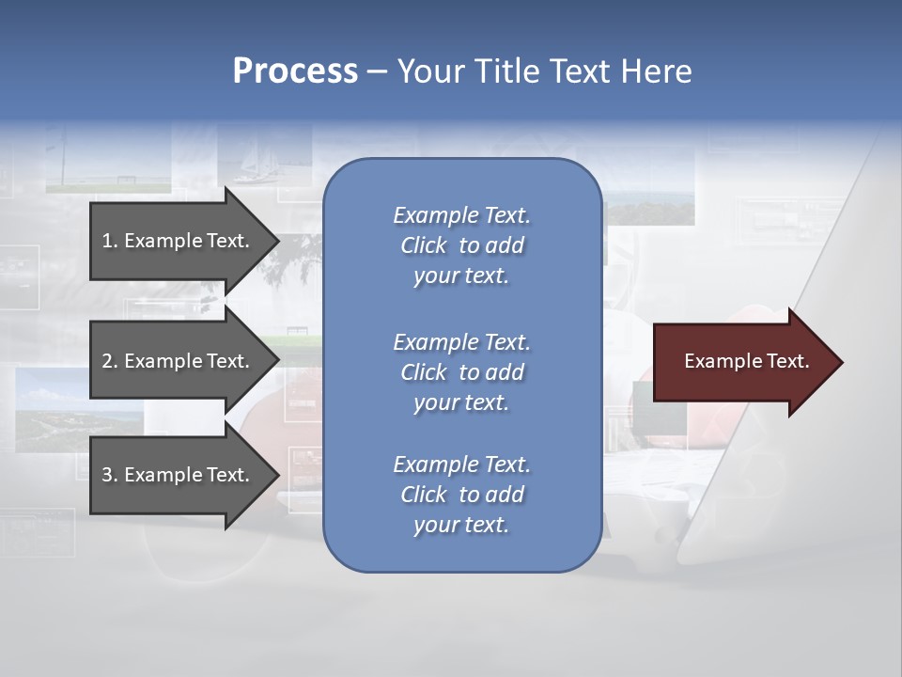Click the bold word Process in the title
click(295, 71)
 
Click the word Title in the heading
click(505, 71)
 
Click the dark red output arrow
click(742, 362)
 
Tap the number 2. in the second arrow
click(110, 361)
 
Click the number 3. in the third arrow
click(110, 475)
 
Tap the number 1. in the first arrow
click(109, 241)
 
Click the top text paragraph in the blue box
click(461, 245)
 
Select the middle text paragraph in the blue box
click(461, 372)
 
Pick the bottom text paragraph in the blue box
click(461, 495)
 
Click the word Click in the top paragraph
click(423, 246)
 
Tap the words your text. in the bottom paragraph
click(461, 526)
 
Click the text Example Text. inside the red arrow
click(746, 361)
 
